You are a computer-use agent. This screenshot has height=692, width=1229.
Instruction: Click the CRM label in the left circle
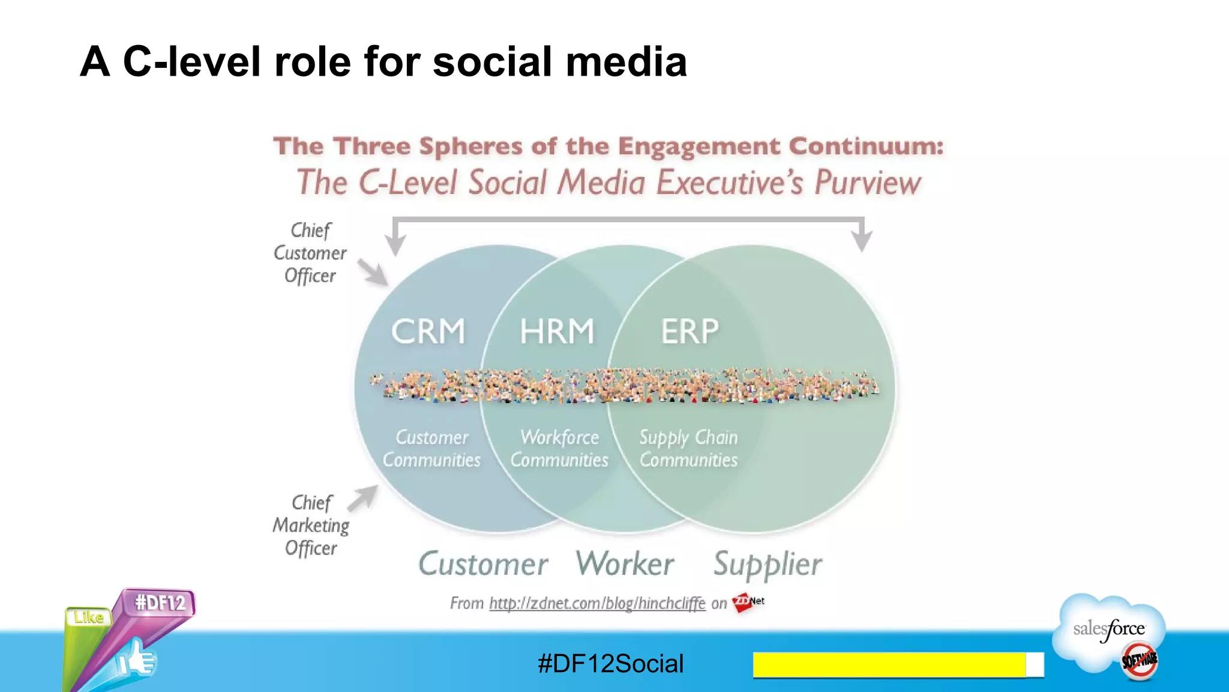point(428,331)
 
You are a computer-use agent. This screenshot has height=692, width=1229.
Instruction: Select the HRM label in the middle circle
point(557,331)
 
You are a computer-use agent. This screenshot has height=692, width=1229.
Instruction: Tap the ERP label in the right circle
point(690,331)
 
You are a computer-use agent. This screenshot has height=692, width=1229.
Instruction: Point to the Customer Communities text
point(432,448)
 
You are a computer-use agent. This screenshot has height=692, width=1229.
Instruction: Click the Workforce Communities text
point(559,448)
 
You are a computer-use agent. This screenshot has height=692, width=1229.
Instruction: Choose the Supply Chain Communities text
point(688,448)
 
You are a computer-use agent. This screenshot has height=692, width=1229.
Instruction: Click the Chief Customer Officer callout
point(310,253)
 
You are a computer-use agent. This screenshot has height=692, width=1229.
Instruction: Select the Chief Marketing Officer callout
point(311,525)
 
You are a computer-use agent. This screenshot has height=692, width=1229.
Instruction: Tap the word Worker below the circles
point(625,563)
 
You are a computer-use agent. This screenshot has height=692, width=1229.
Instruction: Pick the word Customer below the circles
point(483,563)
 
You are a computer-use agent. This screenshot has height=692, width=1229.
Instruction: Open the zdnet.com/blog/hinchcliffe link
point(597,603)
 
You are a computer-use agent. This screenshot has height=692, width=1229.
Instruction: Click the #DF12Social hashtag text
point(611,664)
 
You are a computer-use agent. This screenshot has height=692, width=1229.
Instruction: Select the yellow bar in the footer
point(889,664)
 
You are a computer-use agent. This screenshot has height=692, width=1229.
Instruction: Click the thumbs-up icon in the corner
point(137,660)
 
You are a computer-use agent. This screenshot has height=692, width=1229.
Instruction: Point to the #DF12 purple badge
point(160,602)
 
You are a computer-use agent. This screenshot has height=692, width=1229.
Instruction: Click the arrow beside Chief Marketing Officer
point(362,498)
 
